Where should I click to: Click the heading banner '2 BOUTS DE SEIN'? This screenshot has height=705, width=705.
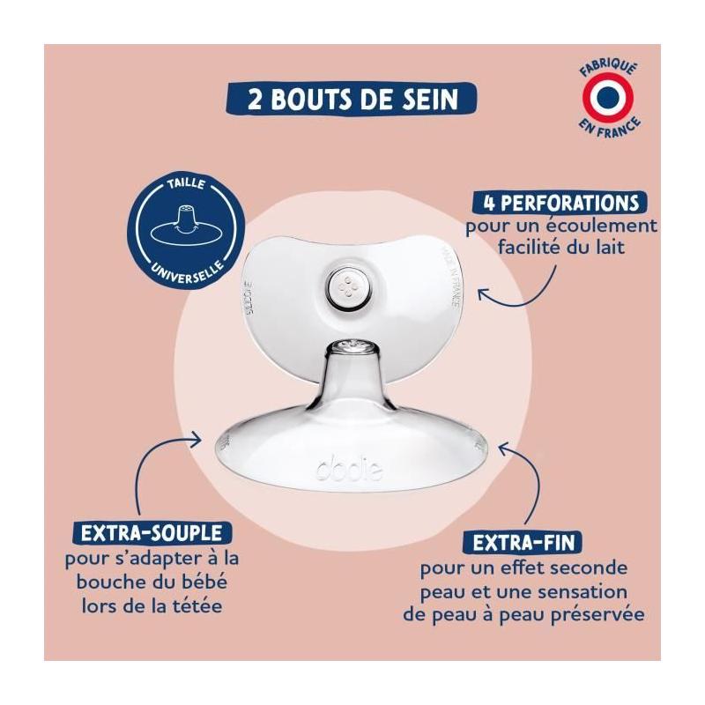[x=351, y=98]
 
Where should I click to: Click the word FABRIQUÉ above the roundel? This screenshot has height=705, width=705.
[x=608, y=69]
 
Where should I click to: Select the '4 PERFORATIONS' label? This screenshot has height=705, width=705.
[x=560, y=203]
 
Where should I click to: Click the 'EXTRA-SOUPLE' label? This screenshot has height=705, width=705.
[x=152, y=533]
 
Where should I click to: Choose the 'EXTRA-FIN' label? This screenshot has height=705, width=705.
[x=523, y=542]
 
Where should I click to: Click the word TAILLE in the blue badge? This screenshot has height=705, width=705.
[x=186, y=184]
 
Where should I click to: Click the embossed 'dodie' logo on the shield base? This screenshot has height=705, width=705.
[x=350, y=470]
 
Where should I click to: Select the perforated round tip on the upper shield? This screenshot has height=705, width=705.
[x=347, y=288]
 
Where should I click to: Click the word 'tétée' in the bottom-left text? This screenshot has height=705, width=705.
[x=197, y=606]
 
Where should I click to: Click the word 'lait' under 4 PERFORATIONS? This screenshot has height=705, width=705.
[x=608, y=248]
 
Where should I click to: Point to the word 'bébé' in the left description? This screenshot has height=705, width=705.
[x=205, y=583]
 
